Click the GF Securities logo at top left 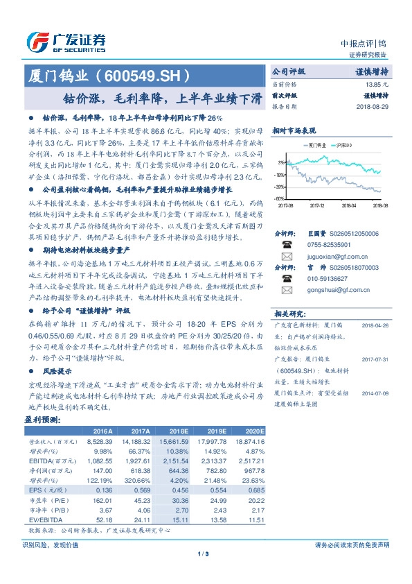[x=66, y=42]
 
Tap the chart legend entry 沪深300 [x=343, y=145]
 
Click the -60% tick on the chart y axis [x=280, y=198]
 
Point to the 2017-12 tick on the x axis [x=317, y=205]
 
